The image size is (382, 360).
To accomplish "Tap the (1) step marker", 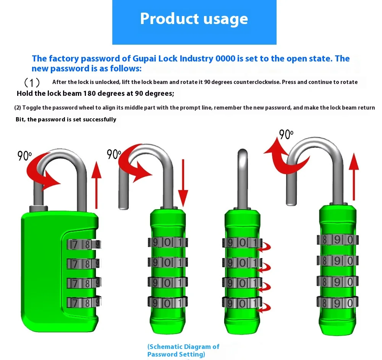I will [32, 82].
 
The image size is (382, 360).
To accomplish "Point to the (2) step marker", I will [18, 108].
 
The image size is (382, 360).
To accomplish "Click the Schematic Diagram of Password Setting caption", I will [183, 350].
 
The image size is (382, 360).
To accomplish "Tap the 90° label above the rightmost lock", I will [286, 134].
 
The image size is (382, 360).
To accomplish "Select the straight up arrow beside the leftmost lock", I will [97, 187].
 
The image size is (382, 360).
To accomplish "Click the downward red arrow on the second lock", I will [183, 183].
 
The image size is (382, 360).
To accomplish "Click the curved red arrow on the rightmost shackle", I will [285, 157].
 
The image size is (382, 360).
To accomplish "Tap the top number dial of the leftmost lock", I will [83, 244].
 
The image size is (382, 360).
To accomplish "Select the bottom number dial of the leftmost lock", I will [83, 303].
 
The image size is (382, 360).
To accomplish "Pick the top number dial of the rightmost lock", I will [337, 240].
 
